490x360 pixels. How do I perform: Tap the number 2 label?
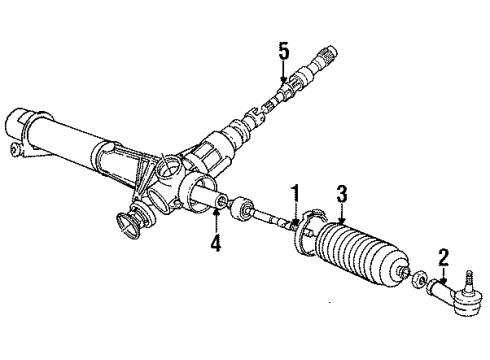[443, 258]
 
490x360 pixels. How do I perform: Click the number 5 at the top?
[283, 50]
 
